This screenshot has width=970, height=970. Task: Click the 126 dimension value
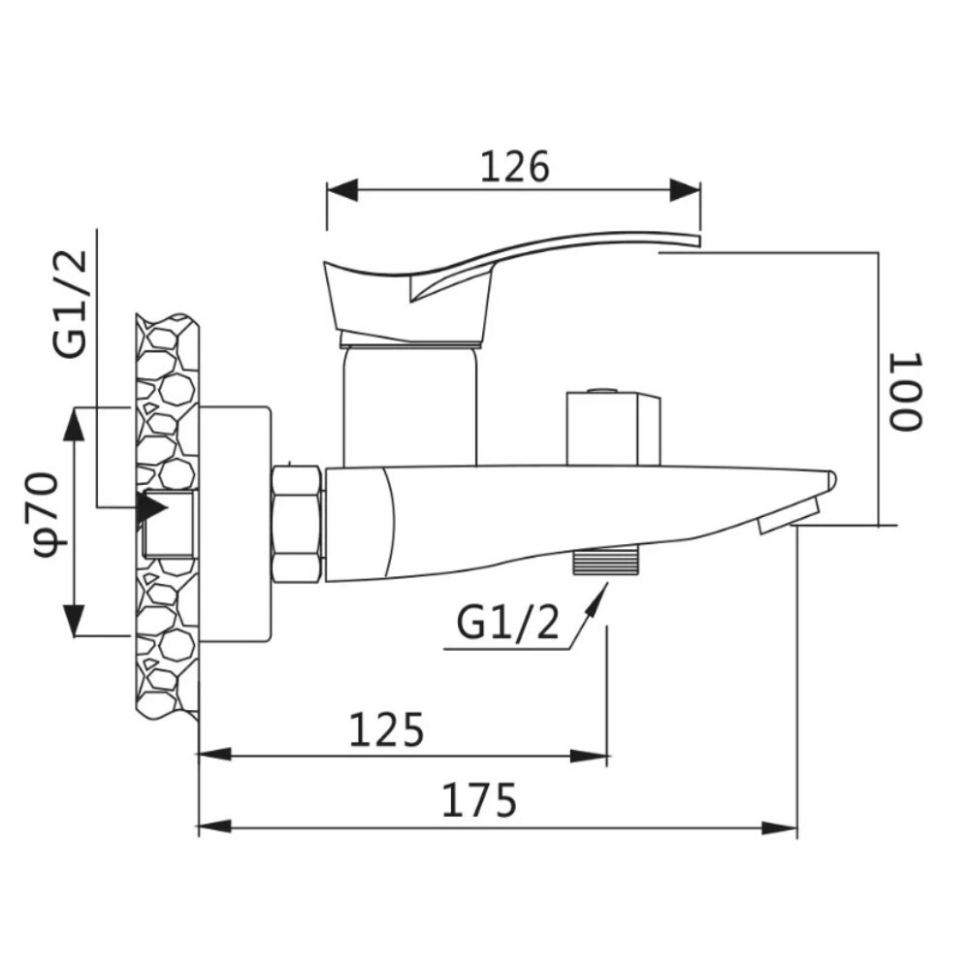[515, 168]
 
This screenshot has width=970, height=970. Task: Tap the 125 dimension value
[387, 729]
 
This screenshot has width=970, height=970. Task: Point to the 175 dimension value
[480, 801]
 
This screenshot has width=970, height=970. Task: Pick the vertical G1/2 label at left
[71, 304]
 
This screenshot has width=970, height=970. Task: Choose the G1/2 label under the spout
[508, 624]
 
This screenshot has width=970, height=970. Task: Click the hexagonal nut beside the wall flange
[298, 525]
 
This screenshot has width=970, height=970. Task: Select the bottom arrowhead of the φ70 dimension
[76, 621]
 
